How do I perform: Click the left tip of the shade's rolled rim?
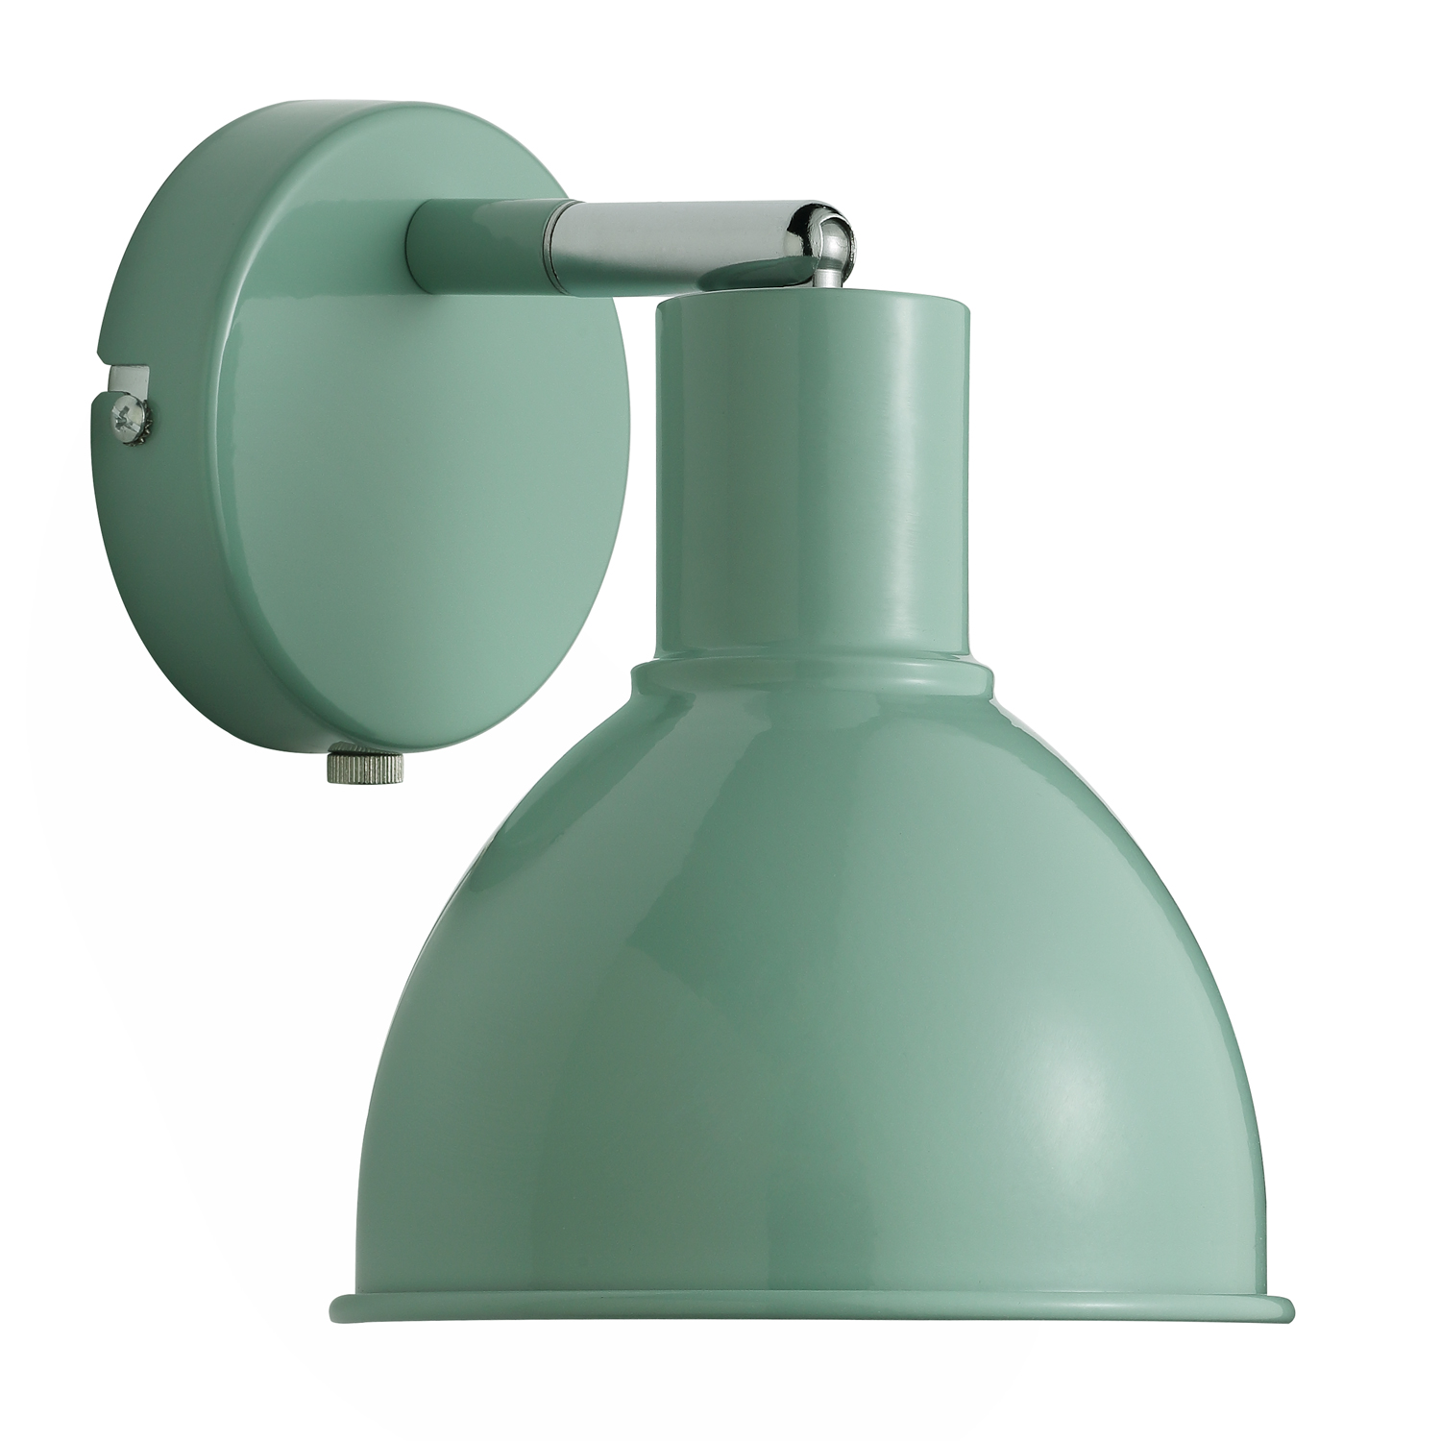coord(333,1305)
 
